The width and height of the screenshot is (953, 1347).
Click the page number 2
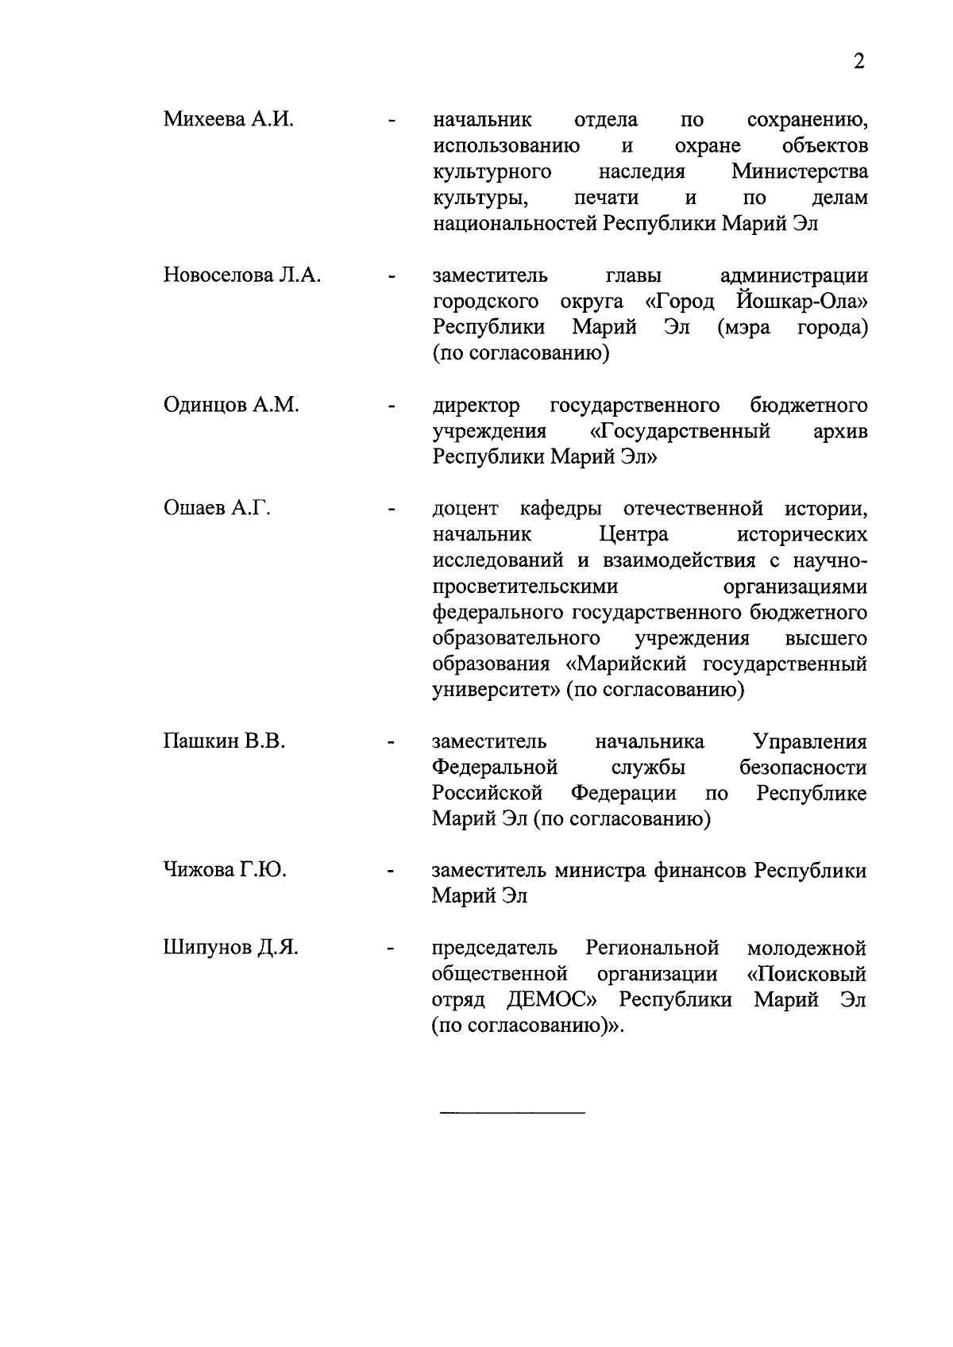point(858,62)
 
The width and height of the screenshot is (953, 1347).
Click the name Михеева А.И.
point(229,120)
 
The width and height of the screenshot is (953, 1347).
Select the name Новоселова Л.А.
point(242,275)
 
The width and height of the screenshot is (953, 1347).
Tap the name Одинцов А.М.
point(231,406)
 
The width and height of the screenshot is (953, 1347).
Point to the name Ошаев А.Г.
point(217,508)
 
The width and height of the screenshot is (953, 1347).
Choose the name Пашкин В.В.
point(224,741)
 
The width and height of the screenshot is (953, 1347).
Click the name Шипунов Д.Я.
point(230,948)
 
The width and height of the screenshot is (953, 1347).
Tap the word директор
point(476,406)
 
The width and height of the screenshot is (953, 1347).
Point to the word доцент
point(465,508)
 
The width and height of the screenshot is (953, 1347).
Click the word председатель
point(495,948)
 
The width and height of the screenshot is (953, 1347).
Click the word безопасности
point(803,768)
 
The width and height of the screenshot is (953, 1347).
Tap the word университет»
point(496,690)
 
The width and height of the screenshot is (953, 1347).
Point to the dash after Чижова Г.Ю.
point(391,873)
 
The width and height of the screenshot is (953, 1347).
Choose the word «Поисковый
point(806,974)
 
